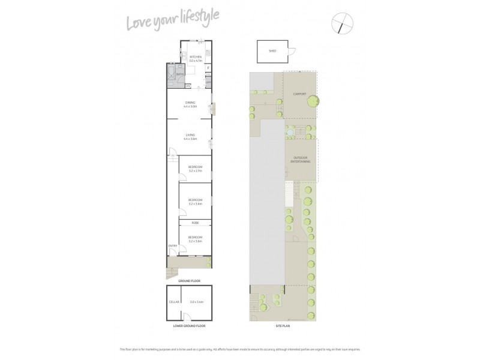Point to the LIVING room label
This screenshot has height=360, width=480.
190,136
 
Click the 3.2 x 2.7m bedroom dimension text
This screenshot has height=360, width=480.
195,170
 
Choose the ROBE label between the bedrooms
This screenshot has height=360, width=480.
195,223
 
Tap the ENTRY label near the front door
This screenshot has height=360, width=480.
172,246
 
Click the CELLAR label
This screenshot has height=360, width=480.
175,301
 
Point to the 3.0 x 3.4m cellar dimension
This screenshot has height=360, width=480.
196,301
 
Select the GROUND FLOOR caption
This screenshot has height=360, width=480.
189,281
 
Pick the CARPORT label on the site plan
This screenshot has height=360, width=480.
300,94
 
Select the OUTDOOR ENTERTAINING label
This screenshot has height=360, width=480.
301,160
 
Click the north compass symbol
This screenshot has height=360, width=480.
343,24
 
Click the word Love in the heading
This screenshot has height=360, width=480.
139,23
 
